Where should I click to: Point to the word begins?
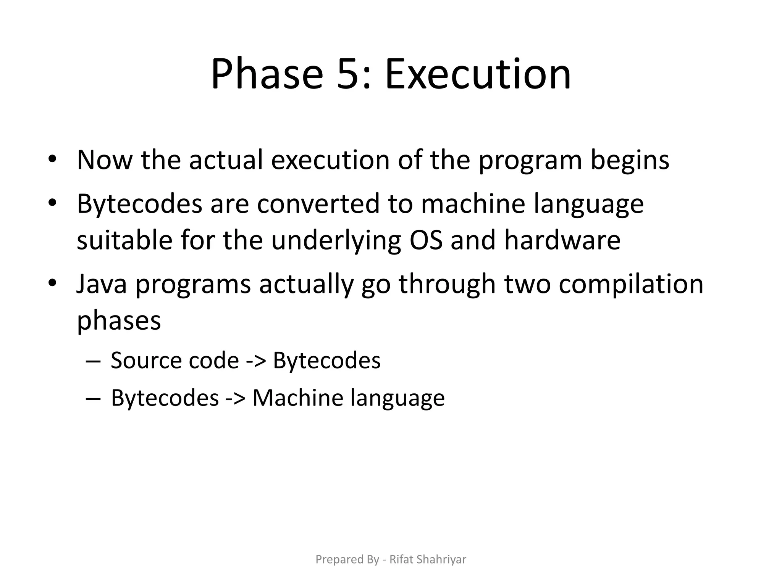[x=630, y=160]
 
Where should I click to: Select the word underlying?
[x=336, y=240]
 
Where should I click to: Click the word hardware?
[x=562, y=240]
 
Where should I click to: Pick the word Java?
[x=101, y=284]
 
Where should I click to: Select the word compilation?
[x=631, y=284]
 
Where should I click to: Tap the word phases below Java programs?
[x=119, y=320]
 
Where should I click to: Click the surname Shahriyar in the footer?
[x=441, y=559]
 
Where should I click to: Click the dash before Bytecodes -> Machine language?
[x=93, y=398]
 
